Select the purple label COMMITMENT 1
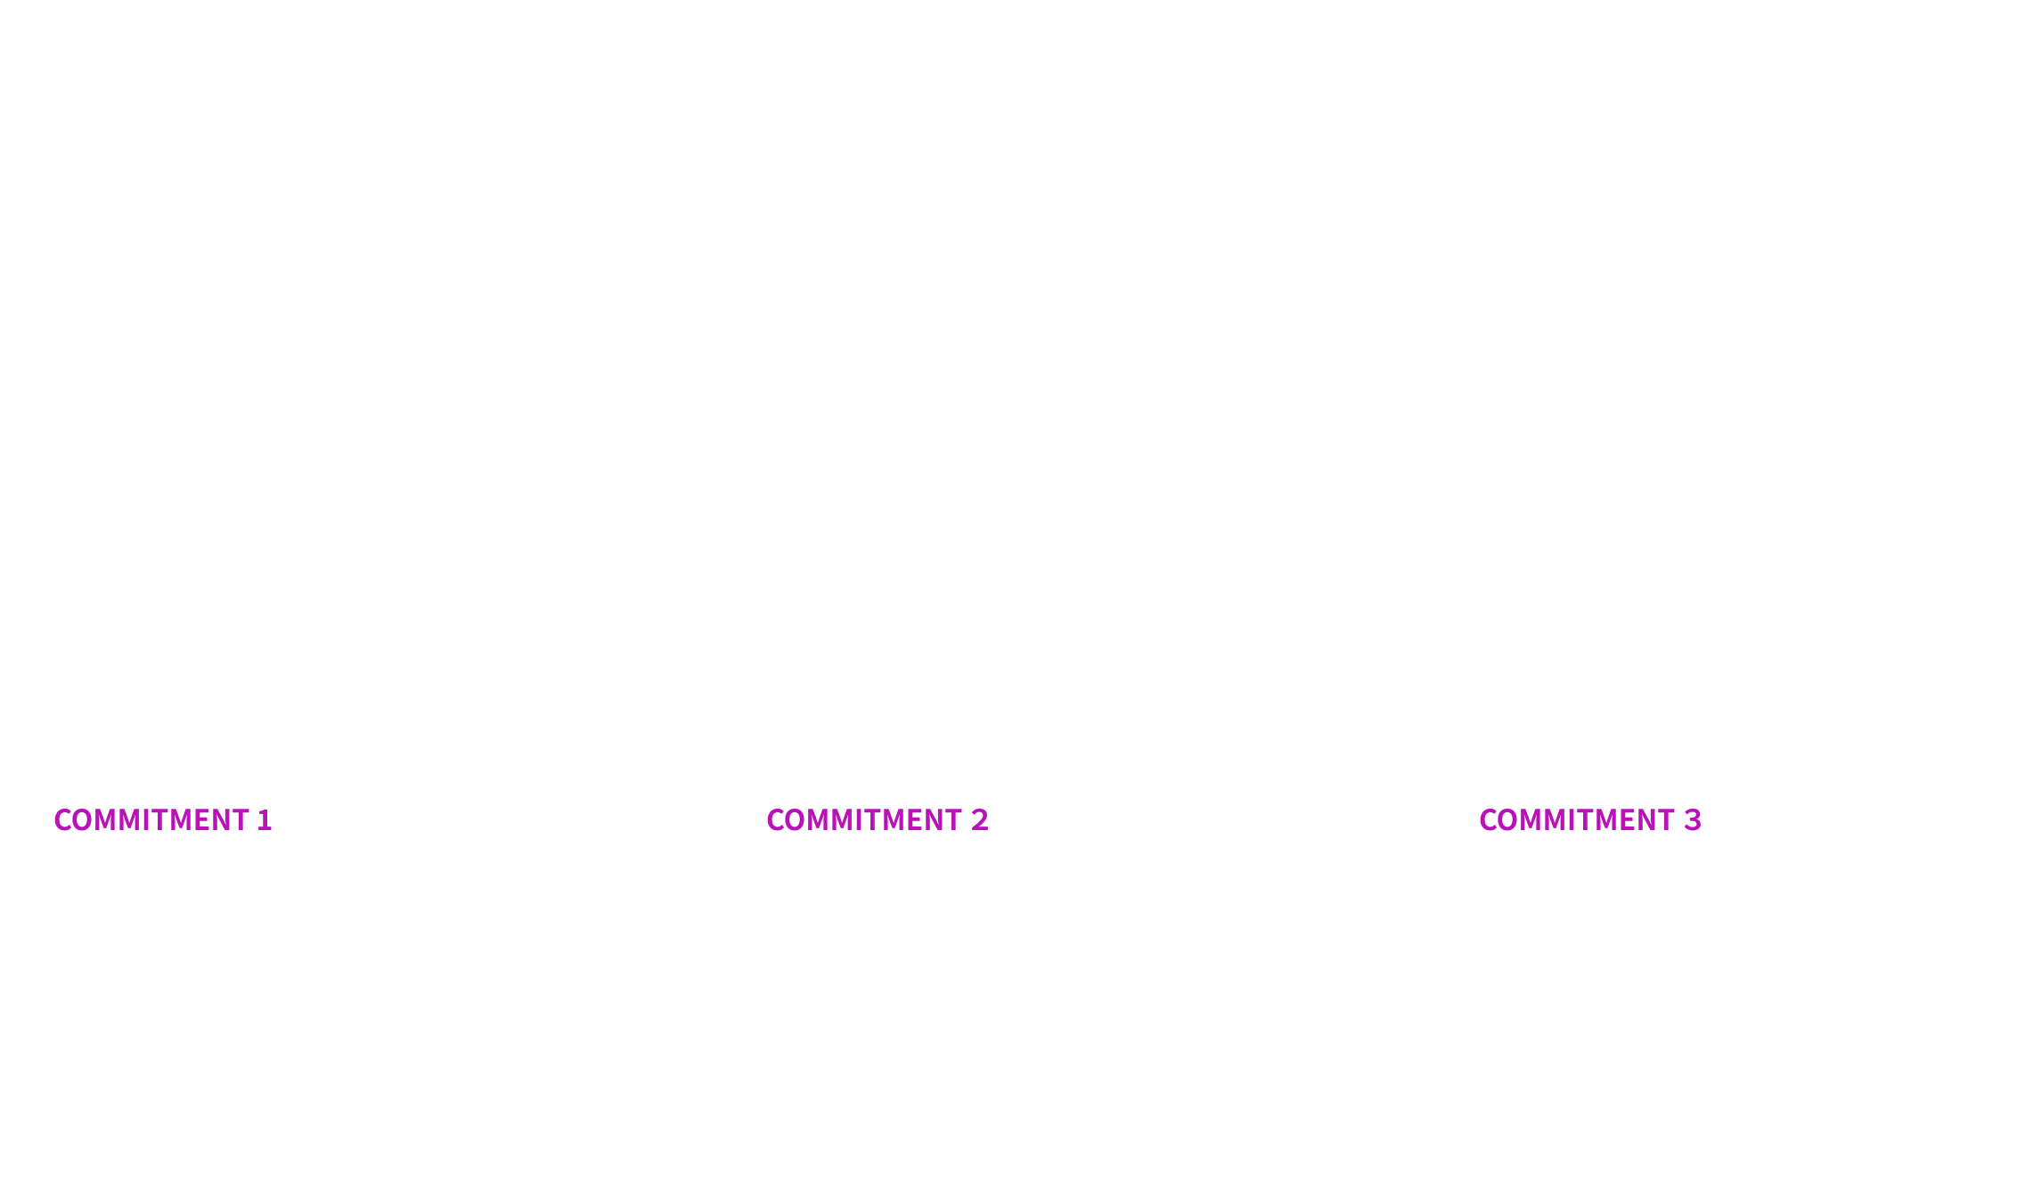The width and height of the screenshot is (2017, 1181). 162,819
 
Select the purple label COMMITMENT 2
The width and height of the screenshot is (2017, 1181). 877,819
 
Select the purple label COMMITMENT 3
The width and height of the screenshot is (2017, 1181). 1589,819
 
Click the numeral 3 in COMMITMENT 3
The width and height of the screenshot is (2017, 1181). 1693,819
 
